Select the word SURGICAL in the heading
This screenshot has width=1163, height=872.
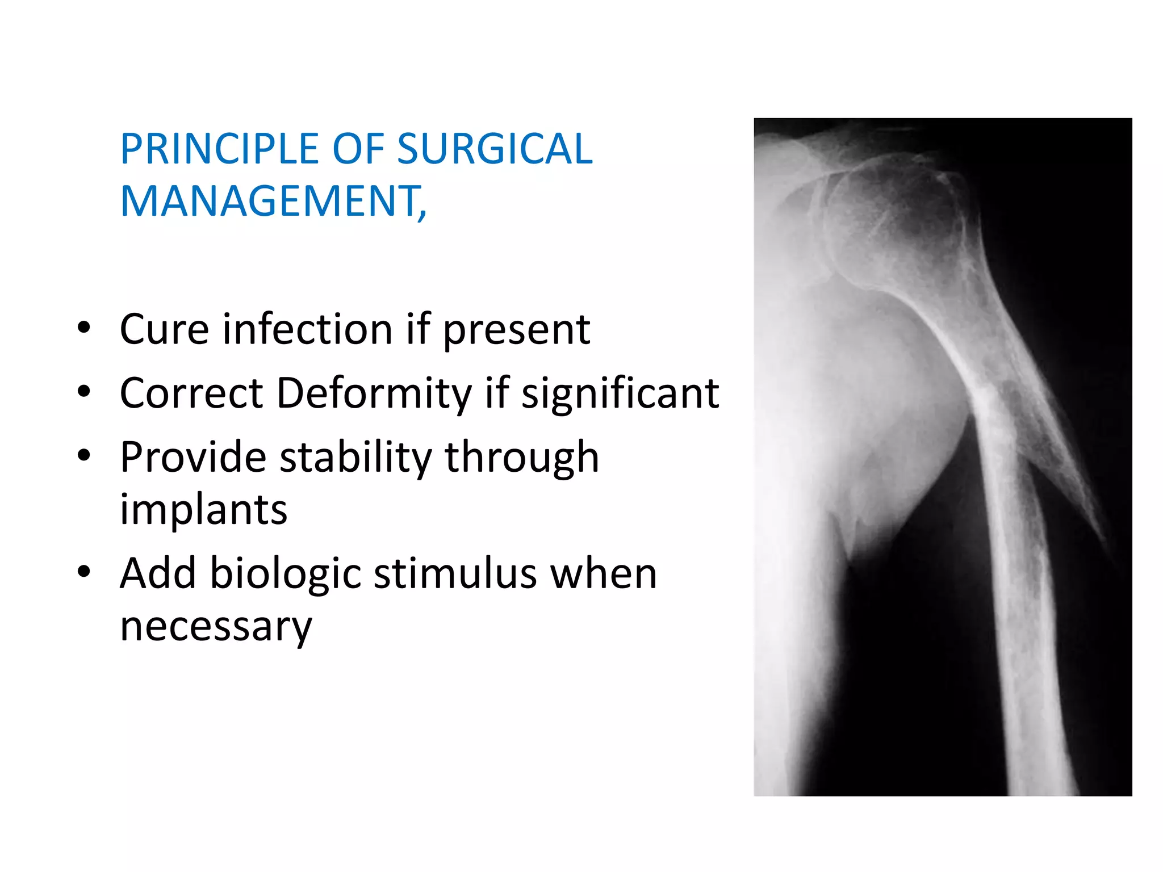494,149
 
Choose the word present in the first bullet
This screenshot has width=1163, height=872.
516,330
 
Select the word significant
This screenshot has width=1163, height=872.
620,393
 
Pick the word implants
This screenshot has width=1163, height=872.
203,510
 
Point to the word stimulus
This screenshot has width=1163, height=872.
455,574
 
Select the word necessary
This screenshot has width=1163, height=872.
216,627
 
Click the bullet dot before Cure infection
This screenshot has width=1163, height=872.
84,328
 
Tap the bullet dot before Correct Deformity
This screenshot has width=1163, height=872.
84,392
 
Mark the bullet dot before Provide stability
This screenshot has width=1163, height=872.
84,455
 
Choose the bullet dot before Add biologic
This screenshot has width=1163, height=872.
84,572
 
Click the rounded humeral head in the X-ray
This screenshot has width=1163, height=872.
892,221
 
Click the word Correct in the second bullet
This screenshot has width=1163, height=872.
191,393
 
